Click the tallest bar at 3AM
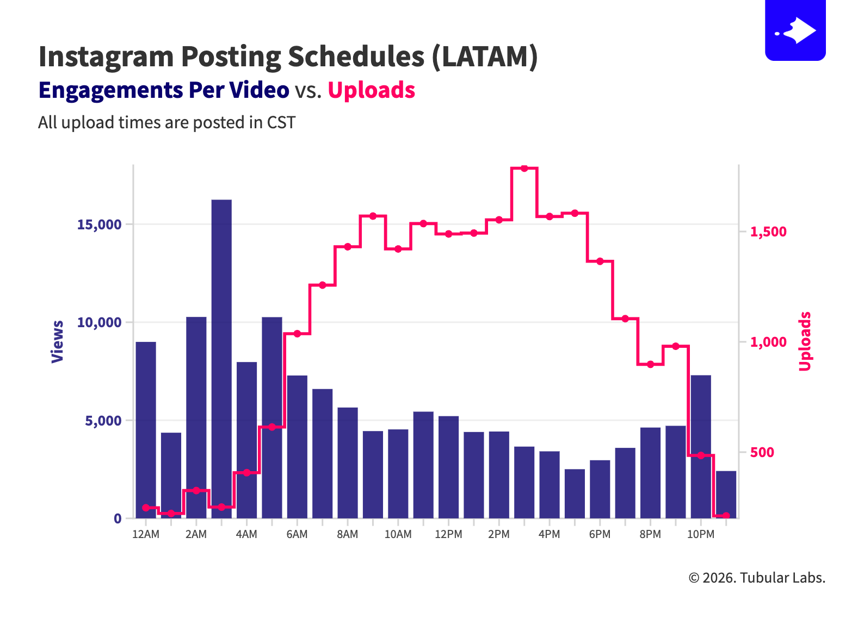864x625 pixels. [x=221, y=359]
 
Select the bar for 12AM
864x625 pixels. [x=146, y=429]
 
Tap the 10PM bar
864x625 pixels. [x=701, y=446]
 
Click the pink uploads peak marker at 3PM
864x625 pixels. [x=524, y=168]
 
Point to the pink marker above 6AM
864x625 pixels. [x=297, y=334]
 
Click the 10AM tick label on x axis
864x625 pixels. [x=398, y=534]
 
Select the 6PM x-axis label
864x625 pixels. [x=600, y=534]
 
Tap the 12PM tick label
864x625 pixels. [x=448, y=534]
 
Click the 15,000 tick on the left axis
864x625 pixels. [x=99, y=225]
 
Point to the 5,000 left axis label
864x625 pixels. [x=103, y=421]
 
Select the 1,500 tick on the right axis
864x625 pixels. [x=768, y=232]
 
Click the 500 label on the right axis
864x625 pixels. [x=762, y=453]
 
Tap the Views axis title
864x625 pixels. [x=58, y=341]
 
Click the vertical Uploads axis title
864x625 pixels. [x=805, y=341]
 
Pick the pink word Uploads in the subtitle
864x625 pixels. [x=372, y=90]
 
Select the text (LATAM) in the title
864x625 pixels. [x=484, y=57]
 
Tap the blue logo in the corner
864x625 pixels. [x=795, y=30]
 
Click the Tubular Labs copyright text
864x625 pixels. [x=757, y=578]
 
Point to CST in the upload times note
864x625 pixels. [x=281, y=123]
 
